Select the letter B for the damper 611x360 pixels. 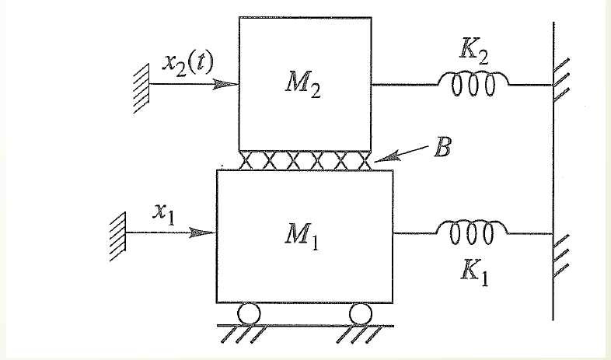(x=442, y=149)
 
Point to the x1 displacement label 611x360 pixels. (x=163, y=212)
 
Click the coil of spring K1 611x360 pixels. (x=471, y=231)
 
